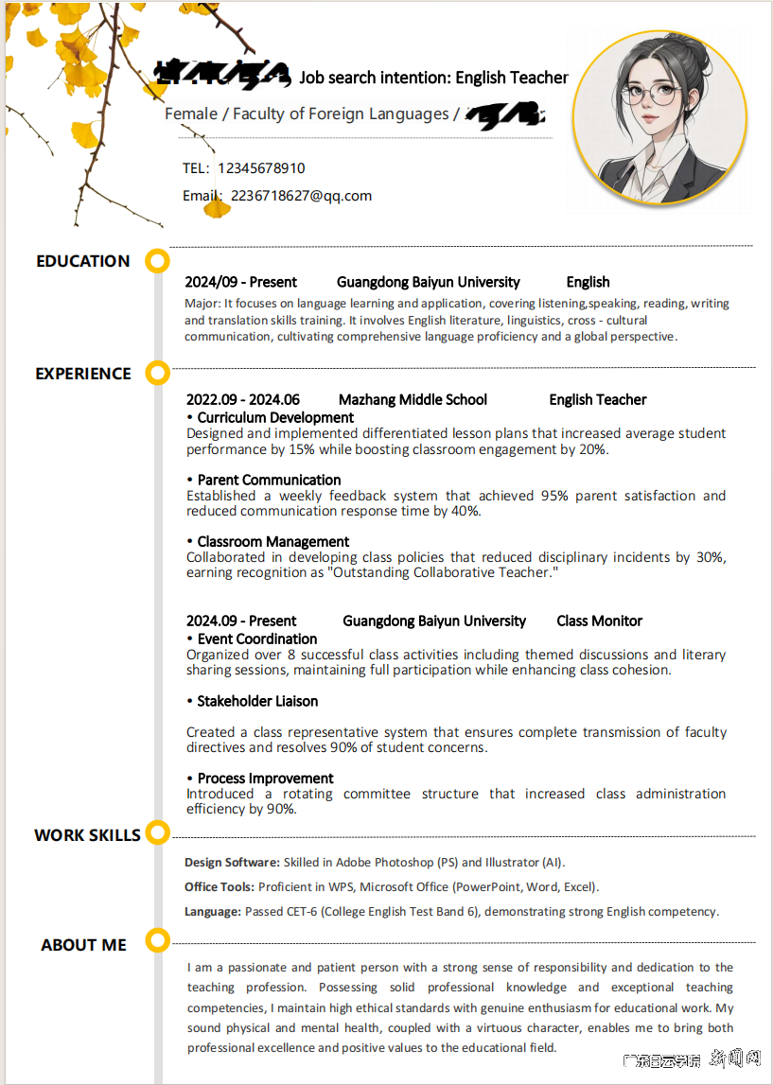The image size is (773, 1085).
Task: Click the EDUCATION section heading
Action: [83, 261]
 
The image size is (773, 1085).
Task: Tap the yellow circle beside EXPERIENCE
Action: [158, 373]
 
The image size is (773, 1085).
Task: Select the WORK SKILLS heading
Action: [87, 835]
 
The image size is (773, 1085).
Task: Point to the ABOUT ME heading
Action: [83, 945]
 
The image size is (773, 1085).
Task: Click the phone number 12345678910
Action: [261, 168]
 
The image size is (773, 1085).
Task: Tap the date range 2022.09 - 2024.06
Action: [243, 400]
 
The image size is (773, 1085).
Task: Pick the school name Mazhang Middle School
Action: [413, 400]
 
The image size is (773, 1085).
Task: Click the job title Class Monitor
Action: [599, 621]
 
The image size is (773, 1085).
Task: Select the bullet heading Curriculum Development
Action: [275, 418]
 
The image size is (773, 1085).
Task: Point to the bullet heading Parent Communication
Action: [269, 481]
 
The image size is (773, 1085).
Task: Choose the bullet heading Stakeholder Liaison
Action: [257, 702]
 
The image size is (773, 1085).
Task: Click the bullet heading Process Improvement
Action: [265, 779]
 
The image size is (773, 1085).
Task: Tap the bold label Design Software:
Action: [232, 863]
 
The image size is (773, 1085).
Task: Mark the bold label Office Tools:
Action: [220, 887]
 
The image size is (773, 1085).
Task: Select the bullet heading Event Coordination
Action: [257, 639]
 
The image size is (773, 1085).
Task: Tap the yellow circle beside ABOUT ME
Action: [158, 941]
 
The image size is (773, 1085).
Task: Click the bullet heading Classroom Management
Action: [273, 542]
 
